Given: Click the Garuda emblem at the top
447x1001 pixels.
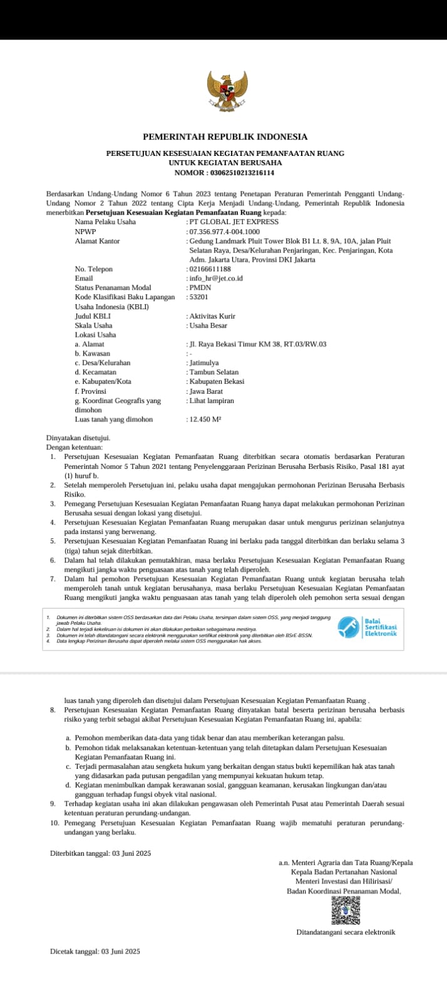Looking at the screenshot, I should point(227,93).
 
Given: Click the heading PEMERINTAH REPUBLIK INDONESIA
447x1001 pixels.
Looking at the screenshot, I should point(225,136).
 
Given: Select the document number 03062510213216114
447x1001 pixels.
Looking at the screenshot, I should point(242,172).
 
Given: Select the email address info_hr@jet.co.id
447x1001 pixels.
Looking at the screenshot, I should point(216,278).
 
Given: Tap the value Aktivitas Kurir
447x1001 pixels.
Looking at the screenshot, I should point(212,316).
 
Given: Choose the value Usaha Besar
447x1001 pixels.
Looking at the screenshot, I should point(208,326).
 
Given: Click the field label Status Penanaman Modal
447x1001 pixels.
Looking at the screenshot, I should point(113,287).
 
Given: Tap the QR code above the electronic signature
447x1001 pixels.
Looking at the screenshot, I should point(346,911).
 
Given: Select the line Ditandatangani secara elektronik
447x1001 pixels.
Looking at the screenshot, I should point(346,932).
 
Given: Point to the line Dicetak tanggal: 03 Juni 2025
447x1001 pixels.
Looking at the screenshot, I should point(95,951).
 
